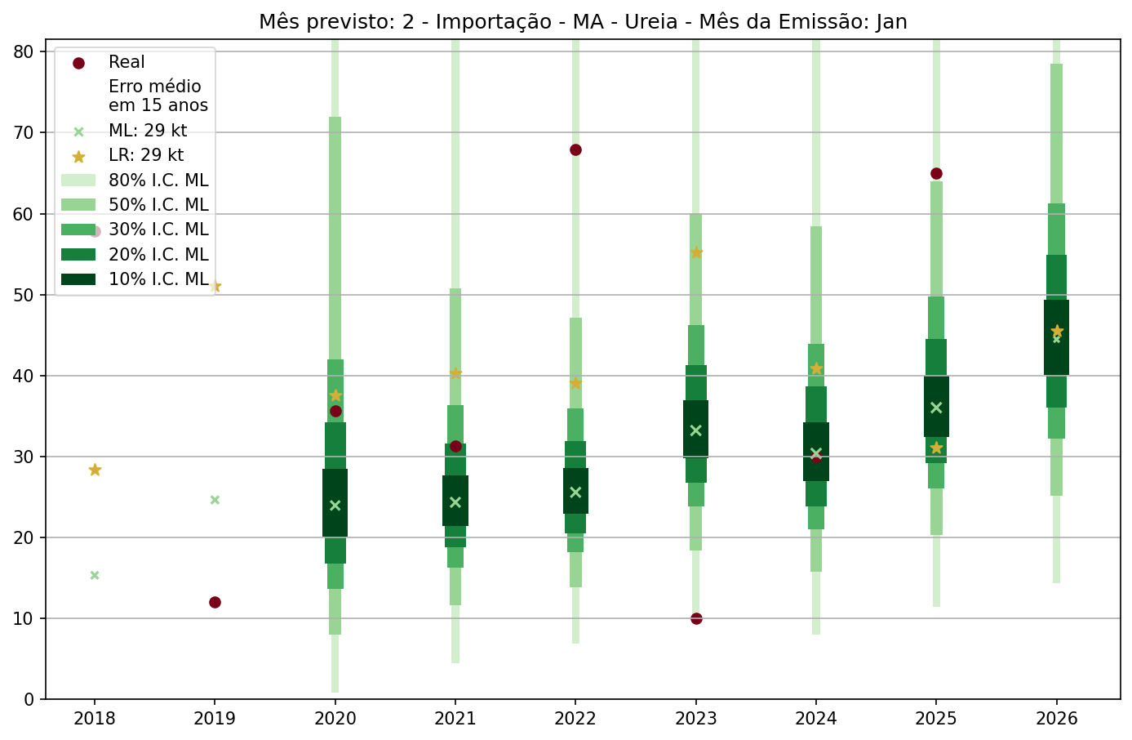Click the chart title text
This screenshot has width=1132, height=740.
[583, 21]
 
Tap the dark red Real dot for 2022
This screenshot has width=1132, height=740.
[575, 149]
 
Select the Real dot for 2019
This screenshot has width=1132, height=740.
[215, 602]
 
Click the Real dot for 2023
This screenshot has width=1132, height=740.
[696, 618]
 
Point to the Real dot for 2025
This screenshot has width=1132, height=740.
[936, 173]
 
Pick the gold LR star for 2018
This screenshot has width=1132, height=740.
[95, 470]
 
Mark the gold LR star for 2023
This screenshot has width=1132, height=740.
[696, 252]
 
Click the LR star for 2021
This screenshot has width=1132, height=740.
[455, 373]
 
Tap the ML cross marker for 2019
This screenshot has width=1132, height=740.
[215, 500]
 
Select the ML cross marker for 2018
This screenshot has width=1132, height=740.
[95, 575]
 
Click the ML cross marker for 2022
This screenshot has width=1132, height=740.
[575, 492]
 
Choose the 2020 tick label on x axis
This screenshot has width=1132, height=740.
[335, 719]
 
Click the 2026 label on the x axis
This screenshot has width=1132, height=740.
[1056, 719]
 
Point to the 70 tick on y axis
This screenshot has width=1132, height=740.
[24, 133]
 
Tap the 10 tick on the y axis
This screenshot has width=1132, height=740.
[24, 618]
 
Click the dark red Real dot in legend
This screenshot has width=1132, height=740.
[78, 63]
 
